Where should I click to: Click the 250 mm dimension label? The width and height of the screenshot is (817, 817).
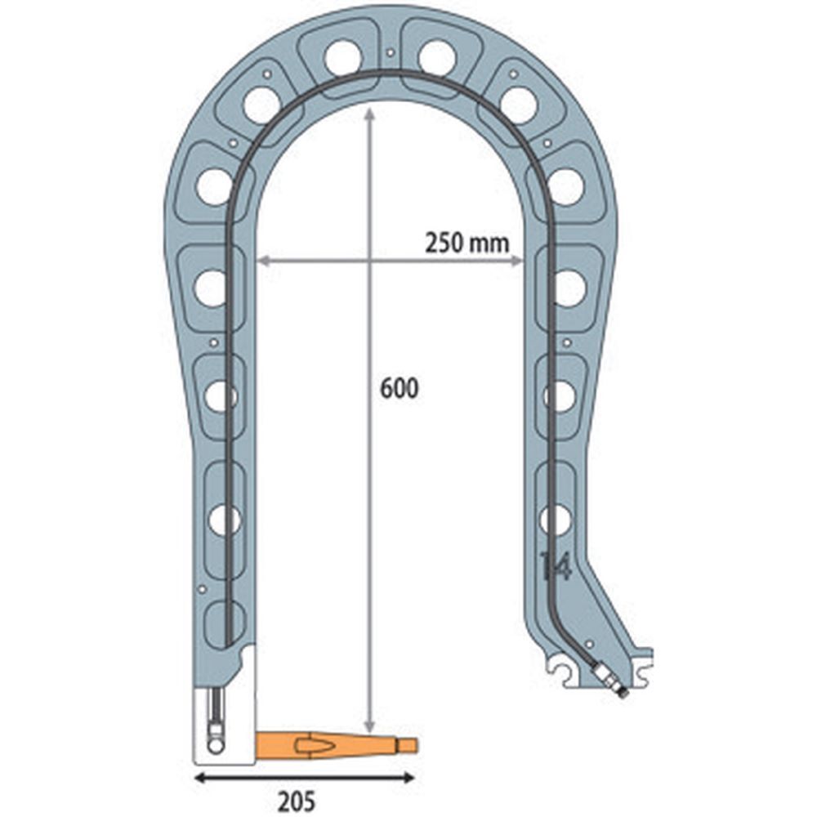[x=467, y=243]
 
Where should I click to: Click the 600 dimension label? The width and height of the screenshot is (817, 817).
[x=400, y=389]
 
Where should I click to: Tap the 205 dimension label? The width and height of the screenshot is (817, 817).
[x=297, y=801]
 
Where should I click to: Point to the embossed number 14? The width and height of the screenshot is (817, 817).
[x=556, y=566]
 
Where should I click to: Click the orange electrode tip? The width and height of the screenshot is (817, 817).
[x=337, y=745]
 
